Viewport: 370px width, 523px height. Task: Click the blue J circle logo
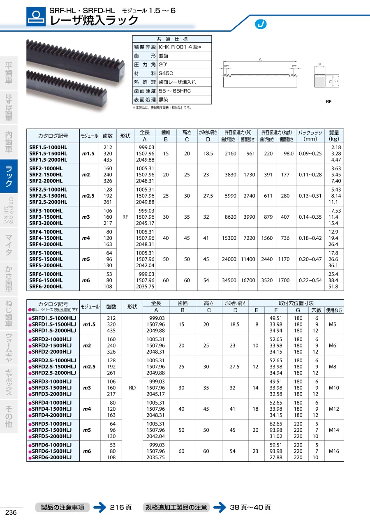pyautogui.click(x=261, y=24)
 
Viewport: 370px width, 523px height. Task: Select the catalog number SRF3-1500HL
pyautogui.click(x=46, y=217)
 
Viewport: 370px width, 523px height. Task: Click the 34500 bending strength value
pyautogui.click(x=229, y=280)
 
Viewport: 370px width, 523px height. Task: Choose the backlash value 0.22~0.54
pyautogui.click(x=310, y=280)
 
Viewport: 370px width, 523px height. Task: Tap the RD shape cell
pyautogui.click(x=132, y=388)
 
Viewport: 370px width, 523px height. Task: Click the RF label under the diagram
pyautogui.click(x=328, y=102)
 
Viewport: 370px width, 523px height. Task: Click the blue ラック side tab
pyautogui.click(x=9, y=176)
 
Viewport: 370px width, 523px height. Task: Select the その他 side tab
pyautogui.click(x=9, y=416)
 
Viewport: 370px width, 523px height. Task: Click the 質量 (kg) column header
pyautogui.click(x=334, y=136)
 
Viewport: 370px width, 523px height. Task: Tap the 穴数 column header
pyautogui.click(x=316, y=310)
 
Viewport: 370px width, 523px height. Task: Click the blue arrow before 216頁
pyautogui.click(x=99, y=507)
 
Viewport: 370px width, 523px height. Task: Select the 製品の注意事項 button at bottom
pyautogui.click(x=62, y=507)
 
